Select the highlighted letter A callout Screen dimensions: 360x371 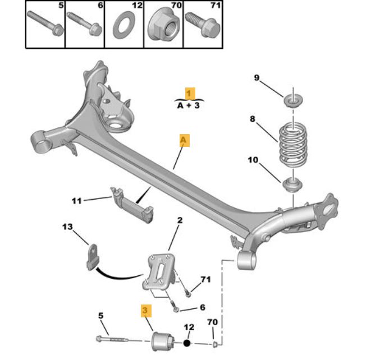pos(184,140)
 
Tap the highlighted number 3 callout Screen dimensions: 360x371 pos(145,309)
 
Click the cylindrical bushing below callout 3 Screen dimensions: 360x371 pos(163,340)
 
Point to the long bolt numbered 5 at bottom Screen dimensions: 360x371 pos(118,340)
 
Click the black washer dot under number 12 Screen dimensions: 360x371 pos(187,341)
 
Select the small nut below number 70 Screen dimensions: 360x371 pos(215,343)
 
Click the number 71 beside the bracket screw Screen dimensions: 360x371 pos(205,279)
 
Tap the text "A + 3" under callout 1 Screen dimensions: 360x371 pos(189,105)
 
